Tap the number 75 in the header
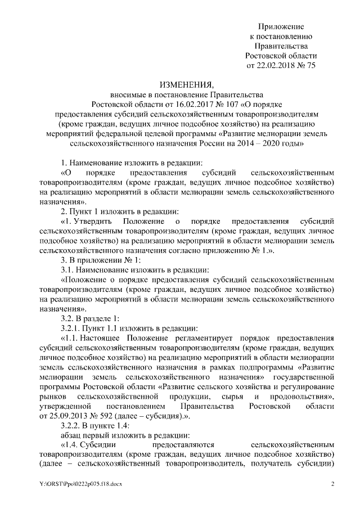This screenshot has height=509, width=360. [x=310, y=66]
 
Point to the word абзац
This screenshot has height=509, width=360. [x=71, y=435]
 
